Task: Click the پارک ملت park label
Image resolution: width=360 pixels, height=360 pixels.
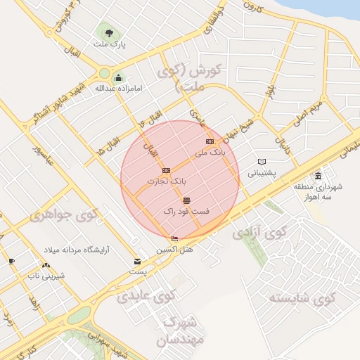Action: (x=109, y=44)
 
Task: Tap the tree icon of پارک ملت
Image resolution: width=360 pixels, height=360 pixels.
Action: (x=108, y=31)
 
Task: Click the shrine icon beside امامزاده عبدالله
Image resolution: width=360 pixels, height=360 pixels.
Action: (x=118, y=77)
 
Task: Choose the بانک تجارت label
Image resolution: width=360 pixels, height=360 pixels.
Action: (x=167, y=181)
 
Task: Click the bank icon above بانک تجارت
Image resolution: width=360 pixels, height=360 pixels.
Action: (x=166, y=170)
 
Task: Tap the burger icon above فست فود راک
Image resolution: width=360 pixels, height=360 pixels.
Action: (x=186, y=200)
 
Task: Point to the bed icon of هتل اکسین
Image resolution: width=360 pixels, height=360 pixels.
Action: (x=174, y=239)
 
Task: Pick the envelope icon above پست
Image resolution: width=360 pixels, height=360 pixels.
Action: (x=137, y=262)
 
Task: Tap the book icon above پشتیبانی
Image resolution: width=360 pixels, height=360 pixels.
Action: (x=262, y=162)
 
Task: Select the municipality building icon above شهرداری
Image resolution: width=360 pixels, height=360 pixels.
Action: (x=319, y=176)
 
